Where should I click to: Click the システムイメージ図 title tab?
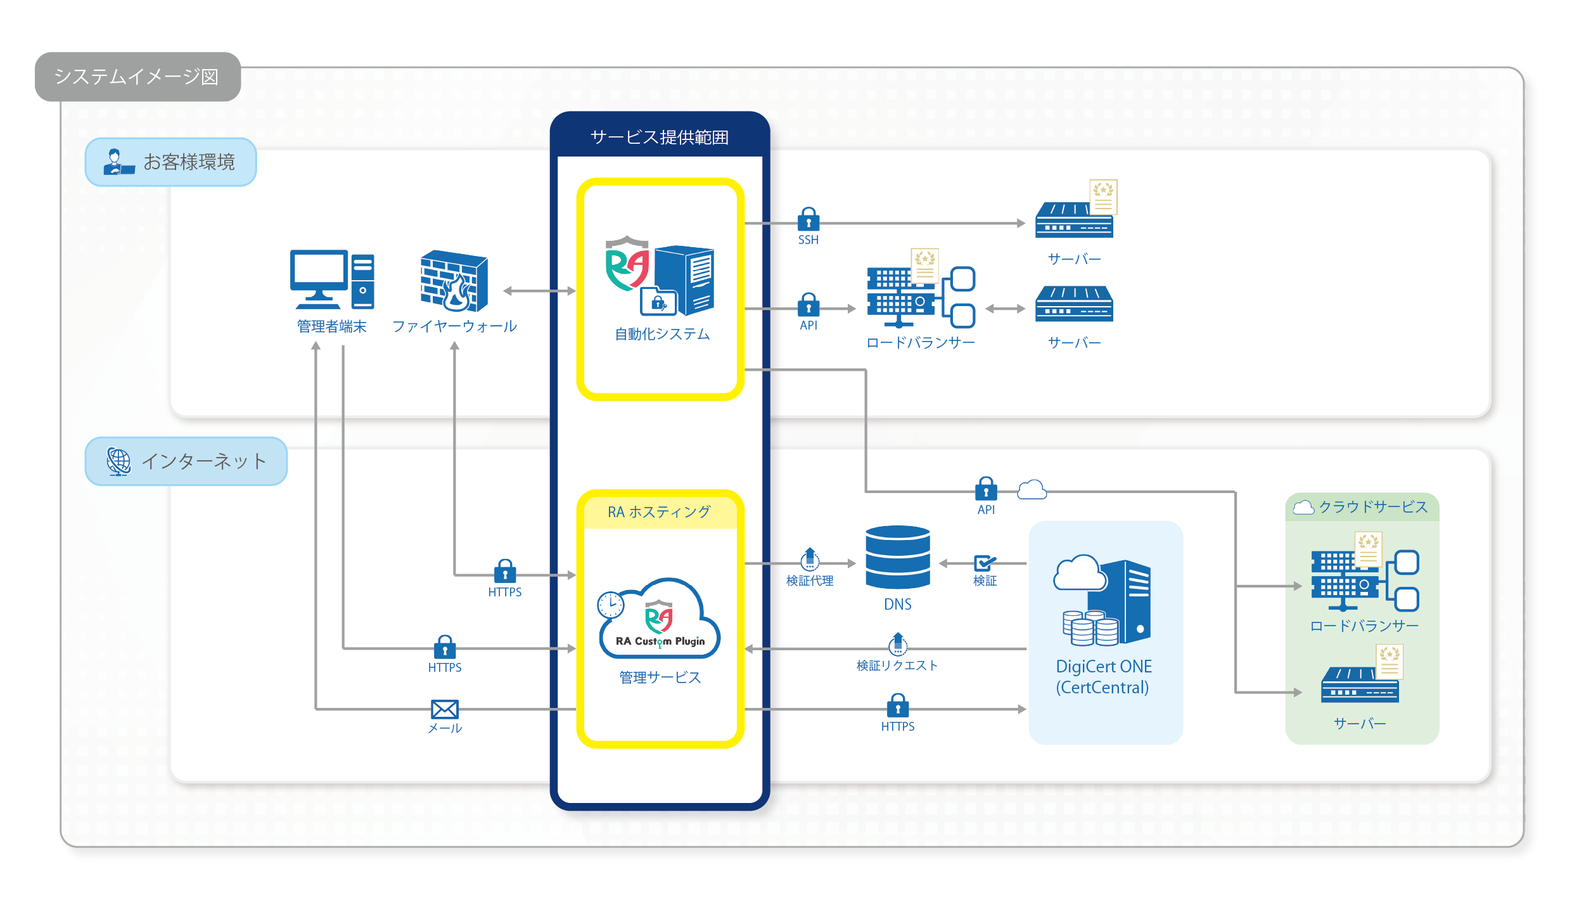pos(137,77)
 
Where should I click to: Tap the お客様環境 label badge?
pos(170,162)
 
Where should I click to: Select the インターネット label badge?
pos(186,461)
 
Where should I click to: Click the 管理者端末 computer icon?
pos(332,279)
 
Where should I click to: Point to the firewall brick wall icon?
pos(454,281)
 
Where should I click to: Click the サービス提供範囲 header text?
pos(659,137)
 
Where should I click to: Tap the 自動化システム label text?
pos(662,334)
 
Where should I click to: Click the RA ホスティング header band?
pos(660,512)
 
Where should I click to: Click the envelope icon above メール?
pos(444,709)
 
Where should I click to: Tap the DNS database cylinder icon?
pos(898,557)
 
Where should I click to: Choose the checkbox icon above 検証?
pos(984,563)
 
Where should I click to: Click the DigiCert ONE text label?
pos(1103,667)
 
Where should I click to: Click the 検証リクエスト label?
pos(897,665)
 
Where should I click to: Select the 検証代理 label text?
pos(809,581)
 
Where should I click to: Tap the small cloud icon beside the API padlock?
pos(1032,489)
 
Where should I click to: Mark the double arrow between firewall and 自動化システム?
pos(539,291)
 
